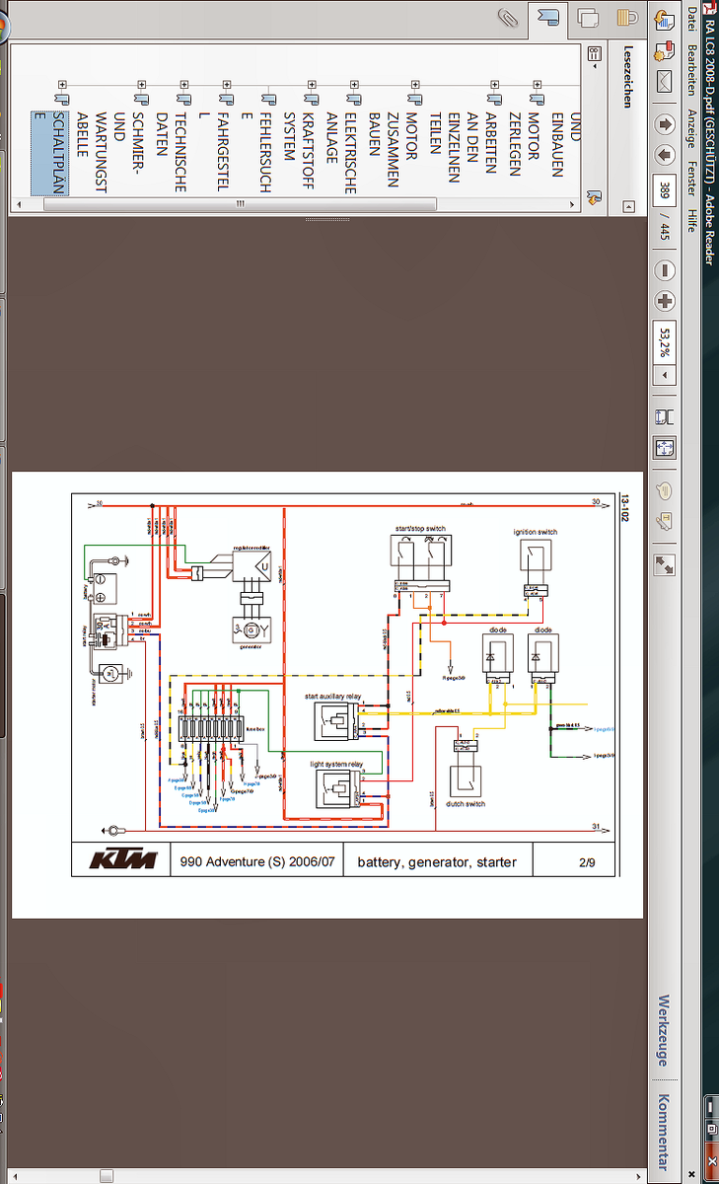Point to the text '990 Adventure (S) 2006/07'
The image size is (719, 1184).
(x=258, y=861)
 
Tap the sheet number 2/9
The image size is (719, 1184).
(x=587, y=861)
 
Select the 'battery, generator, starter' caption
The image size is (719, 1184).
(x=437, y=861)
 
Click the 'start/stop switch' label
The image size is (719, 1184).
(x=419, y=529)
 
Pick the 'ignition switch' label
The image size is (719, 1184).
(x=535, y=532)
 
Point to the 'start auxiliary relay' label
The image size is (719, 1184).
(x=332, y=697)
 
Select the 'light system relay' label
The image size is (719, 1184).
(x=336, y=765)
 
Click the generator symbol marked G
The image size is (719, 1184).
(x=251, y=629)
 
